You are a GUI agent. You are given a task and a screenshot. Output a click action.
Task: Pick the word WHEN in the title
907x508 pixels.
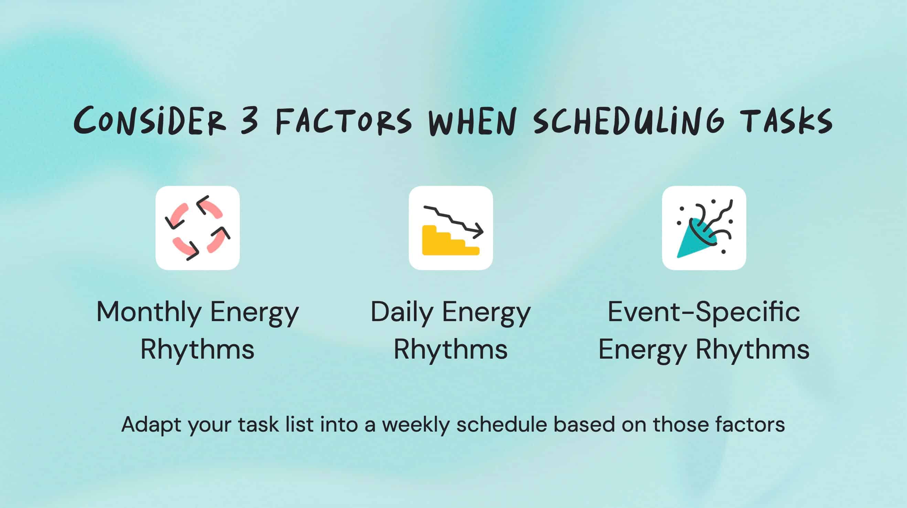[472, 121]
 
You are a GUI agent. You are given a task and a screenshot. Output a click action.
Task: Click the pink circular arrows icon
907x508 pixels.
[198, 228]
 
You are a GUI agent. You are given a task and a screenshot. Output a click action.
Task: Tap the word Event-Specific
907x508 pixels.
[704, 312]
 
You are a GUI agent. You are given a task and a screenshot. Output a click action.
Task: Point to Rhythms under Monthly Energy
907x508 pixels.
[197, 349]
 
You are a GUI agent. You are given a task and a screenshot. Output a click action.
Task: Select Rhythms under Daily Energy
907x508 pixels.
[450, 349]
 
